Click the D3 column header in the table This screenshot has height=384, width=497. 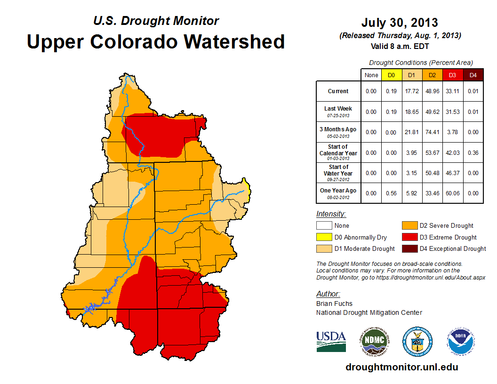click(x=451, y=75)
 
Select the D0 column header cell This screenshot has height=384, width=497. click(x=391, y=75)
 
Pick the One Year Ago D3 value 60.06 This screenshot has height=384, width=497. click(x=451, y=193)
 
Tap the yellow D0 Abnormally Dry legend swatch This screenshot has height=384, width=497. click(x=324, y=237)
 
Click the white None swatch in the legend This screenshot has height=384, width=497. click(x=324, y=226)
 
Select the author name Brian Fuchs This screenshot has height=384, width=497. click(x=334, y=304)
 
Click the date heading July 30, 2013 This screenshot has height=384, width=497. click(x=400, y=23)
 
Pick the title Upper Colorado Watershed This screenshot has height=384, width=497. click(x=156, y=41)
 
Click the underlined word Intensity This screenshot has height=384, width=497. click(x=331, y=214)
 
